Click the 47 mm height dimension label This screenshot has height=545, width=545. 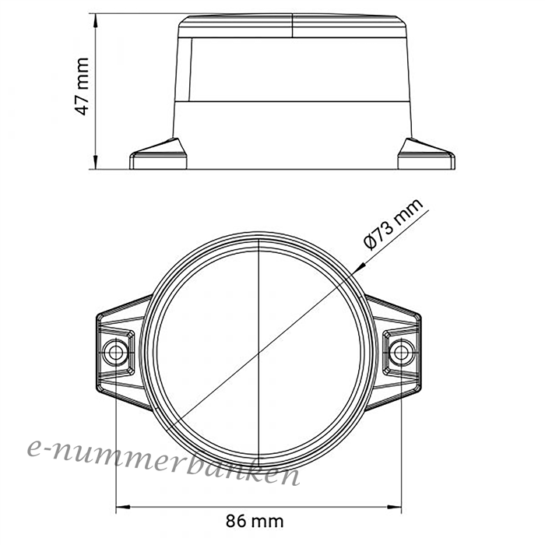coord(83,86)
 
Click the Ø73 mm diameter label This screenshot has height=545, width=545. coord(393,224)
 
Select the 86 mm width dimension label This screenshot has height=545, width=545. coord(255,521)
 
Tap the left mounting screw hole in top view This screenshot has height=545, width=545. coord(116,353)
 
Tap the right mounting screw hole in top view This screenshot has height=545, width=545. coord(402,353)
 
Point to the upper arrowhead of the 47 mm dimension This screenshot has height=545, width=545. coord(96,22)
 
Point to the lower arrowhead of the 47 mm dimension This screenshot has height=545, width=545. coord(96,161)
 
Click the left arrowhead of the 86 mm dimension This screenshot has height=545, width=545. coord(123,507)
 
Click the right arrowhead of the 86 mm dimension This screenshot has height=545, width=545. coord(393,507)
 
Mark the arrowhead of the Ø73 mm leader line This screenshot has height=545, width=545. coord(359,268)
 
